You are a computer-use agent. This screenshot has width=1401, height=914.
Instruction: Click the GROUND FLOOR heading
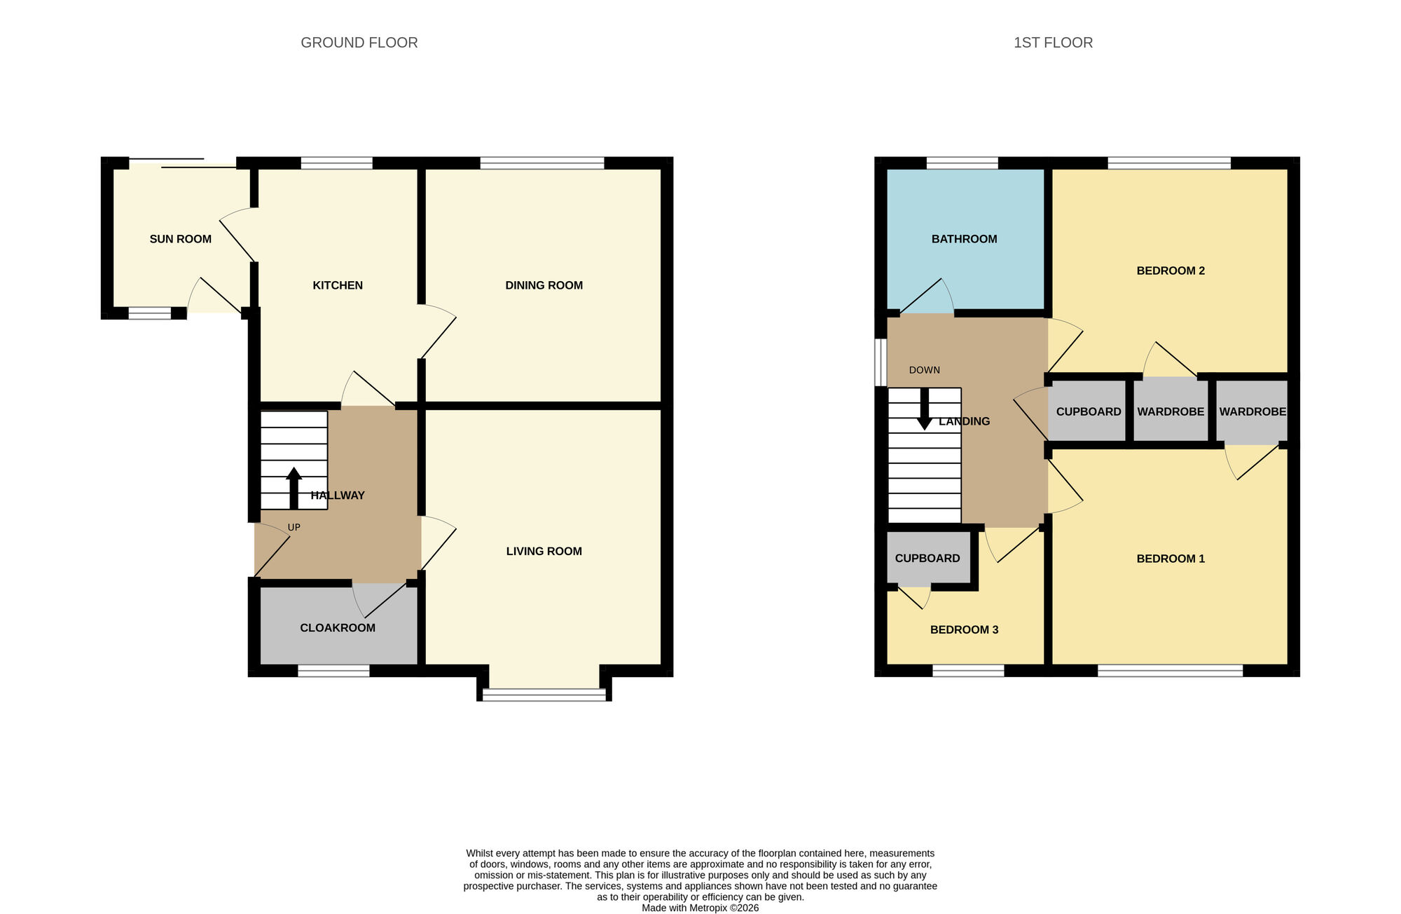coord(359,43)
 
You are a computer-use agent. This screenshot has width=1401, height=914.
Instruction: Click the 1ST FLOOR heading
coord(1053,43)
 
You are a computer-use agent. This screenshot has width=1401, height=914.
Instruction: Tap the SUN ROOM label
coord(180,239)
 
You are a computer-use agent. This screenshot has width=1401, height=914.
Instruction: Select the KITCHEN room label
coord(338,285)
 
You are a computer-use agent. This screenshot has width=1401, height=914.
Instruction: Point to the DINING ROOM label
coord(544,285)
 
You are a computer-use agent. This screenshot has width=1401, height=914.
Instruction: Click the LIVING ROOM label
coord(544,551)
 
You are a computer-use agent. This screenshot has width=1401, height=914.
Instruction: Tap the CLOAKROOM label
coord(338,628)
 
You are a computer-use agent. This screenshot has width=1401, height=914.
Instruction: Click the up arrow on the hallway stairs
coord(294,486)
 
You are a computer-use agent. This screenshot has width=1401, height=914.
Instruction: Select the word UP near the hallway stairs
coord(294,527)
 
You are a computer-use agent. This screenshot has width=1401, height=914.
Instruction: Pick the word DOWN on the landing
coord(924,370)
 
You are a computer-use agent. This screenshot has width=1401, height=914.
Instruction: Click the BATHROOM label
coord(964,239)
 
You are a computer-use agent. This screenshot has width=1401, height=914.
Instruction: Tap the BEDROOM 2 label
coord(1170,271)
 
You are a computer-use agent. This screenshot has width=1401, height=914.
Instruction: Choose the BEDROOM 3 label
coord(964,629)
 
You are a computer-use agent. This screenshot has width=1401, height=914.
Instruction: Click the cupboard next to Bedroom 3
coord(927,558)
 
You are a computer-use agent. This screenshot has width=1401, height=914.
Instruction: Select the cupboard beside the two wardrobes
coord(1088,411)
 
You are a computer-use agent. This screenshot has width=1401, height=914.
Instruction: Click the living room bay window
coord(544,695)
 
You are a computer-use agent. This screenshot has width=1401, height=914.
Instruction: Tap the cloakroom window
coord(333,671)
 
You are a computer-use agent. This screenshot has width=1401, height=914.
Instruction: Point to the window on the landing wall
coord(881,362)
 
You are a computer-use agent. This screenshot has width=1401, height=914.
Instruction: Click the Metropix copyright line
coord(700,908)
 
